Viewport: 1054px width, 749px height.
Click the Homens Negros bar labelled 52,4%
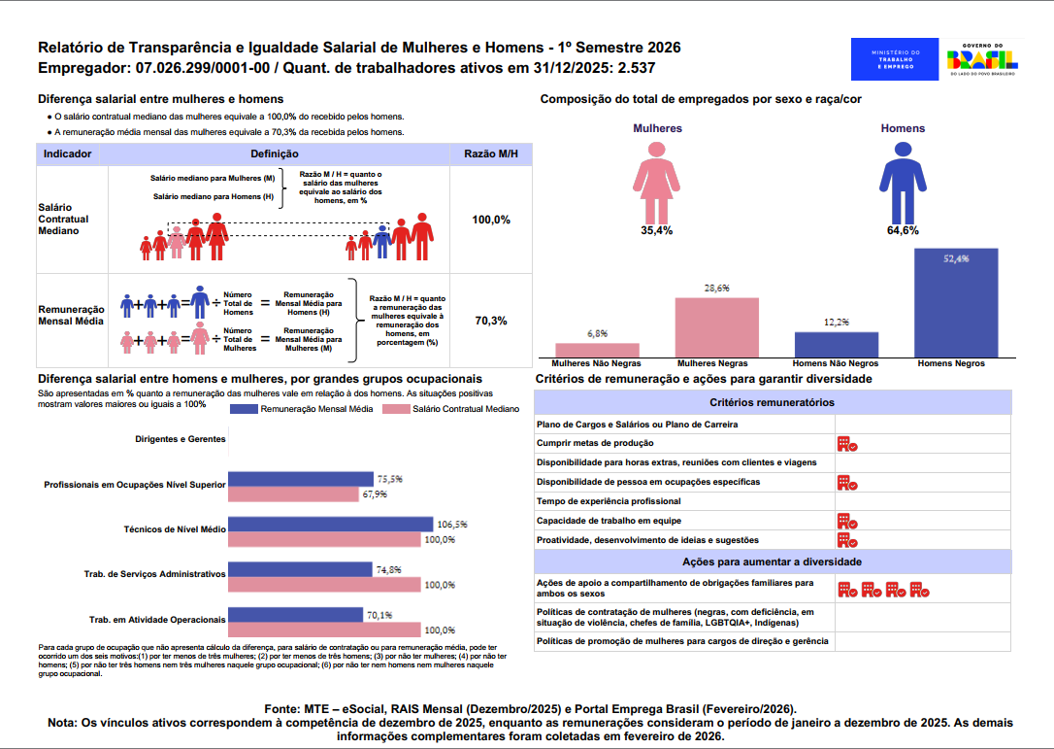(x=956, y=303)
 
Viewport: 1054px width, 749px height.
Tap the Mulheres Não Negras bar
(x=597, y=350)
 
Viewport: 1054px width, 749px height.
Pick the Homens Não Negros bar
(x=837, y=344)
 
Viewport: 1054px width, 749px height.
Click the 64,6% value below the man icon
(x=903, y=231)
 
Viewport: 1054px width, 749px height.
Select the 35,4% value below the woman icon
(x=657, y=231)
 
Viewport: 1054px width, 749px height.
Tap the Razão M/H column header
(x=491, y=154)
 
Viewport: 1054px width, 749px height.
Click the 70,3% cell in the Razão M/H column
(x=491, y=321)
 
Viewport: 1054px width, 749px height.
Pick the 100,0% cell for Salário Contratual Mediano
(x=491, y=221)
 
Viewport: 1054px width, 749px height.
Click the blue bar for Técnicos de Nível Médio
(x=331, y=525)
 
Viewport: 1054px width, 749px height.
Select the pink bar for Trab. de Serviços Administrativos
(x=325, y=585)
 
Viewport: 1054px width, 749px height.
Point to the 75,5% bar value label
(x=389, y=479)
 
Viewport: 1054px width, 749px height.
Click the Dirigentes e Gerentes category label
(x=181, y=439)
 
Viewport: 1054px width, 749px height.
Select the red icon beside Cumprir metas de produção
(x=847, y=444)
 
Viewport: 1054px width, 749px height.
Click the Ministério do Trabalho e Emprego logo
(x=889, y=60)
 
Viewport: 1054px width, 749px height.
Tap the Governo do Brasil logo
(x=982, y=60)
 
